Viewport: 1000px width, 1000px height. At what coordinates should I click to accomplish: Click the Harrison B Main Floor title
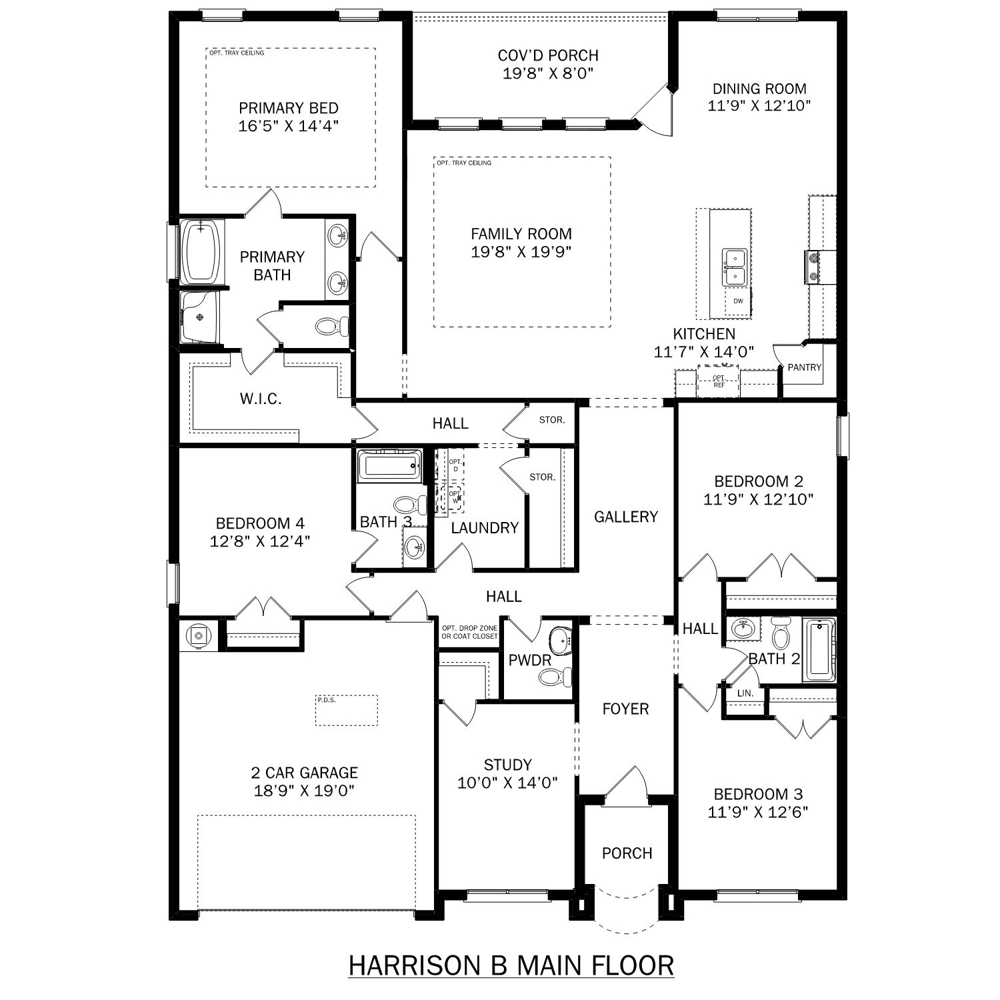click(x=511, y=965)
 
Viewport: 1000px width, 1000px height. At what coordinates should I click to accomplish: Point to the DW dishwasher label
click(x=738, y=301)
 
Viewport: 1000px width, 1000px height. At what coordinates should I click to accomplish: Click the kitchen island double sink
click(x=735, y=266)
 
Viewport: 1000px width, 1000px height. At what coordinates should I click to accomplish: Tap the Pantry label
click(x=804, y=367)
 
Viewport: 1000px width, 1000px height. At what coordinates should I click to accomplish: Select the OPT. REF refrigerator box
click(x=719, y=381)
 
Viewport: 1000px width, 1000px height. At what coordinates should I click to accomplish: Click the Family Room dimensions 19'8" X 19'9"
click(x=521, y=251)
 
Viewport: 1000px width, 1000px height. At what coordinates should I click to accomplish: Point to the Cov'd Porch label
click(x=548, y=55)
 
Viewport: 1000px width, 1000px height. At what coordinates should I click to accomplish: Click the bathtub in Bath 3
click(x=390, y=466)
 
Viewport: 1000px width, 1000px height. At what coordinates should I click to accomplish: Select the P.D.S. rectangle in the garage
click(x=347, y=710)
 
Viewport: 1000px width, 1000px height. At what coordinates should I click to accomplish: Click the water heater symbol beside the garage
click(x=198, y=636)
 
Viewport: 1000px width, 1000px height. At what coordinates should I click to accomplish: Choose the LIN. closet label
click(x=745, y=693)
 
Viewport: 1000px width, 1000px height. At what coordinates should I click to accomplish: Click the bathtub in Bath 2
click(x=819, y=651)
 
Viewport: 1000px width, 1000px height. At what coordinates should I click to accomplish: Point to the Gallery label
click(x=626, y=517)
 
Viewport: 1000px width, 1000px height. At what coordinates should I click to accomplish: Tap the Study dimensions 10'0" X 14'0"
click(x=508, y=783)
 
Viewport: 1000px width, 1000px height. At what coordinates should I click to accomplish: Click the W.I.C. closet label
click(x=261, y=399)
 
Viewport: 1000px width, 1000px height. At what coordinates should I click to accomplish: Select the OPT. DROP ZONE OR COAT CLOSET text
click(x=470, y=632)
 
